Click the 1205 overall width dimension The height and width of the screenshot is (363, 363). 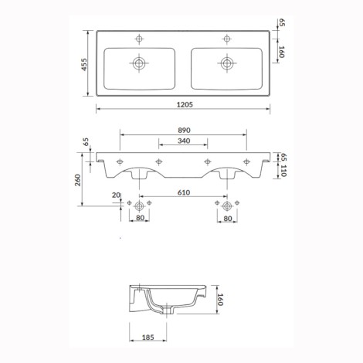pyautogui.click(x=185, y=104)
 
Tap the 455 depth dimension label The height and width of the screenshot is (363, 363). pyautogui.click(x=84, y=64)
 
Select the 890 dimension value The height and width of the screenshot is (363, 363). pyautogui.click(x=184, y=131)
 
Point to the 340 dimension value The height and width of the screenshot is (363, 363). pyautogui.click(x=184, y=141)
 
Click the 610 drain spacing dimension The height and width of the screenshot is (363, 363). pyautogui.click(x=184, y=192)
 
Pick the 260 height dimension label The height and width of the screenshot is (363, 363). pyautogui.click(x=78, y=180)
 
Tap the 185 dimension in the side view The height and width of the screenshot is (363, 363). pyautogui.click(x=148, y=337)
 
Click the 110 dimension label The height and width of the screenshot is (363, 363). pyautogui.click(x=283, y=171)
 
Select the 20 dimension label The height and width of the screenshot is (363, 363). pyautogui.click(x=116, y=195)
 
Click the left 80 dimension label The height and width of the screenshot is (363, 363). pyautogui.click(x=140, y=218)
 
